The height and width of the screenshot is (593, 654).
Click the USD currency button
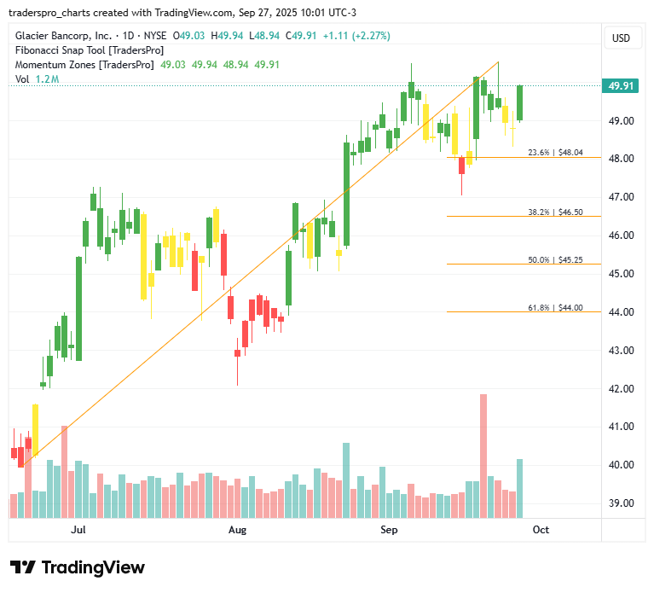tap(622, 38)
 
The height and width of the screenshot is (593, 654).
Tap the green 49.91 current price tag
tap(620, 85)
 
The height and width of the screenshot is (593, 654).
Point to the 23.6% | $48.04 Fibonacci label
tap(555, 153)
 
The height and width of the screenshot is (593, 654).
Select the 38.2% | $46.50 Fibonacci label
tap(555, 212)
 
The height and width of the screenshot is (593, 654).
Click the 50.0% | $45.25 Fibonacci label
tap(555, 259)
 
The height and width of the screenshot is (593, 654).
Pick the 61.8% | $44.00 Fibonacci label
tap(555, 307)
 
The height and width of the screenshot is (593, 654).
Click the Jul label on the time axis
tap(79, 530)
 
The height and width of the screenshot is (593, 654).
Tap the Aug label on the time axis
tap(238, 530)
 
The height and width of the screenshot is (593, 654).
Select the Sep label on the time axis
tap(389, 530)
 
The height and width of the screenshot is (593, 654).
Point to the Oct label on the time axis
tap(541, 530)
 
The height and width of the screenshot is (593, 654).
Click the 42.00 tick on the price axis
tap(620, 388)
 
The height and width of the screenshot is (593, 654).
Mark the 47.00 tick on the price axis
tap(620, 197)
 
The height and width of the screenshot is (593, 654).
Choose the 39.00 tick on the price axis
tap(620, 503)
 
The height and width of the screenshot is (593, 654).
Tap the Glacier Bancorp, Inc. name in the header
tap(63, 36)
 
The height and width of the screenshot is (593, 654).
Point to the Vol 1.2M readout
tap(37, 79)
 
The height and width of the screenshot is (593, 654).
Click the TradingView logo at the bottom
tap(78, 567)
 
